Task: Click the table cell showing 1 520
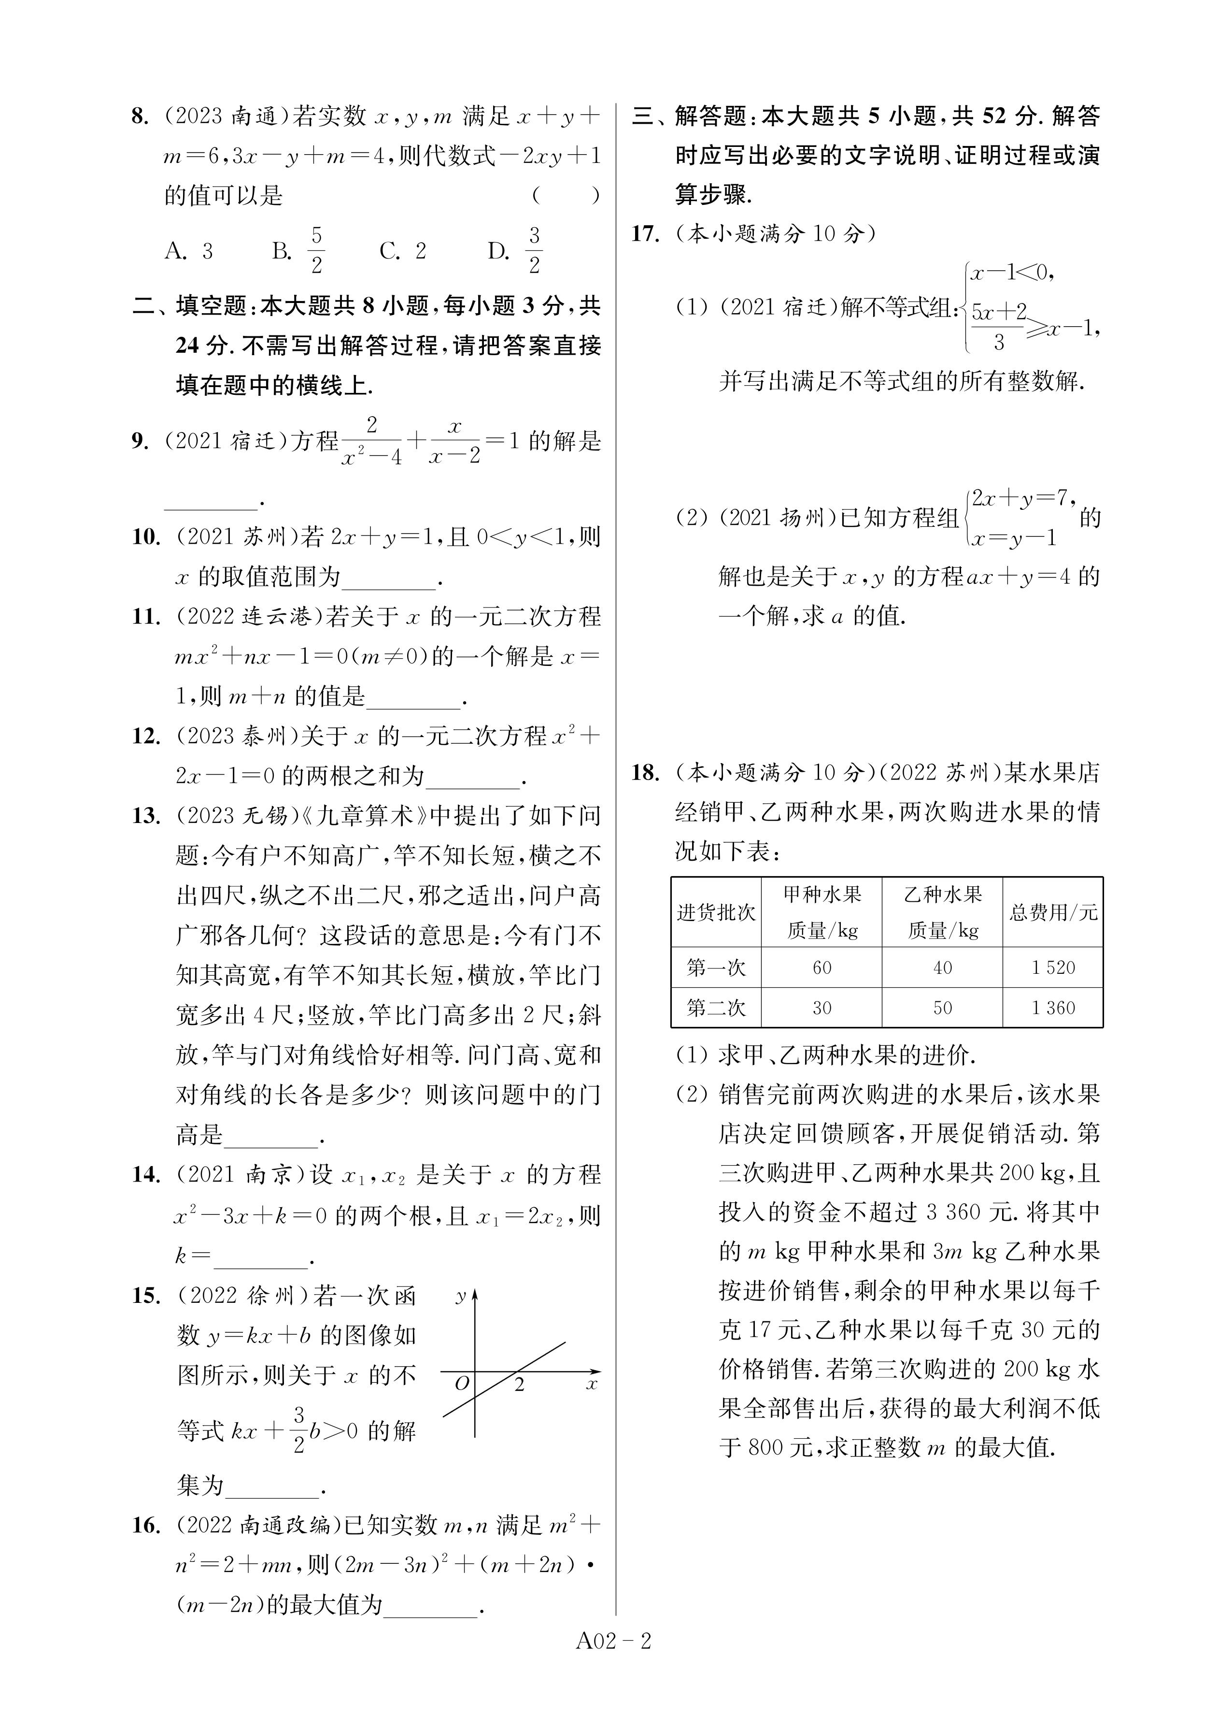click(1052, 967)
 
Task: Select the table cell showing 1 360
click(1052, 1008)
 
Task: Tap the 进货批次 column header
click(716, 912)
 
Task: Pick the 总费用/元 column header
click(1052, 912)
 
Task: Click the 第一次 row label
click(716, 967)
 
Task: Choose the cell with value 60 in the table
click(821, 967)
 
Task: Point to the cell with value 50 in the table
click(942, 1008)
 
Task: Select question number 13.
click(145, 816)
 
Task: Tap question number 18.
click(645, 773)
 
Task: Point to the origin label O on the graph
click(461, 1384)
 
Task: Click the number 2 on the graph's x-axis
click(520, 1386)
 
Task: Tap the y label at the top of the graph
click(460, 1296)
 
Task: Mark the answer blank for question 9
click(211, 500)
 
